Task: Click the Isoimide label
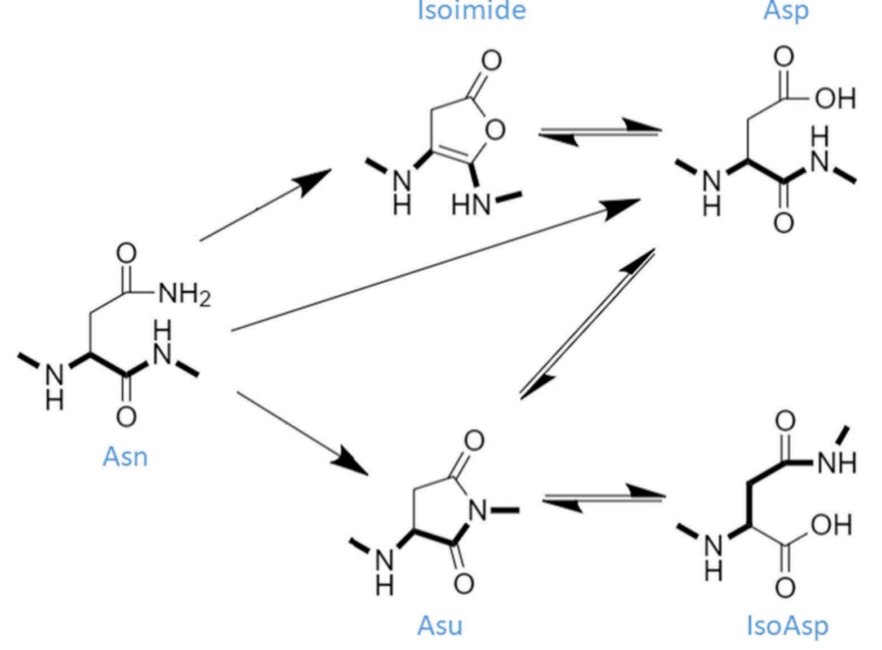coord(471,10)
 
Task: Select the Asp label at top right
coord(786,10)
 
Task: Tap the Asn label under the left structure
coord(125,456)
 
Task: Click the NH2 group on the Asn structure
coord(184,293)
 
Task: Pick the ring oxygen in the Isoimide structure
coord(495,130)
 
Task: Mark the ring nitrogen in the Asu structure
coord(478,511)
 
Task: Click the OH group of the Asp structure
coord(835,99)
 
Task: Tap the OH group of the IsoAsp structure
coord(831,525)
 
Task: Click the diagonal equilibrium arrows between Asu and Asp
coord(587,324)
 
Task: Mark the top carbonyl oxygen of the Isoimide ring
coord(491,60)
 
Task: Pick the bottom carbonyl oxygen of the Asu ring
coord(464,584)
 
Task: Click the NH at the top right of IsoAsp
coord(836,463)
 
